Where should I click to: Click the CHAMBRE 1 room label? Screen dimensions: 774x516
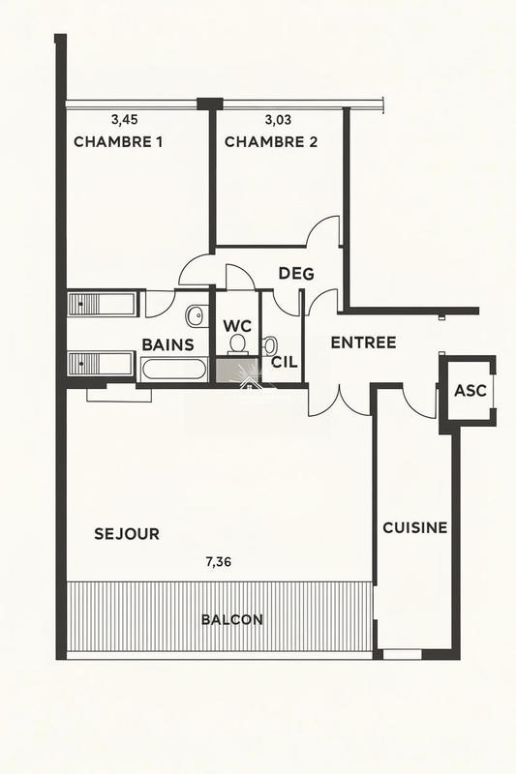click(x=118, y=142)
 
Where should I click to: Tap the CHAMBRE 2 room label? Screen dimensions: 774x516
click(x=271, y=142)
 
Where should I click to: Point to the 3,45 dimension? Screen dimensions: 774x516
click(x=125, y=121)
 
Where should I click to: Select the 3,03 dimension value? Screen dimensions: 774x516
click(x=279, y=121)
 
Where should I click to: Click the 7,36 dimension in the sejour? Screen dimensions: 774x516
click(x=218, y=560)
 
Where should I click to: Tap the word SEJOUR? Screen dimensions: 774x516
click(x=127, y=534)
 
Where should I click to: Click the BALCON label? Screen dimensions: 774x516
click(x=231, y=620)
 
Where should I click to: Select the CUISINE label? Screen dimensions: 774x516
click(x=414, y=528)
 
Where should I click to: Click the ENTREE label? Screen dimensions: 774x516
click(x=363, y=342)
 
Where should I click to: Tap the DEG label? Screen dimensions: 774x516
click(x=296, y=274)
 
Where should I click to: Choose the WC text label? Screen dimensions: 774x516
click(x=237, y=325)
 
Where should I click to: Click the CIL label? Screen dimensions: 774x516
click(x=283, y=363)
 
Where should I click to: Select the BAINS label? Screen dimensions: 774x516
click(x=168, y=344)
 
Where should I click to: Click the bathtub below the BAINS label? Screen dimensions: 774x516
click(x=173, y=370)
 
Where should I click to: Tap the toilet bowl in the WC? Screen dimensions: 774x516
click(x=237, y=344)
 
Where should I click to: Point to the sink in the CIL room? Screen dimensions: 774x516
click(x=271, y=343)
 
